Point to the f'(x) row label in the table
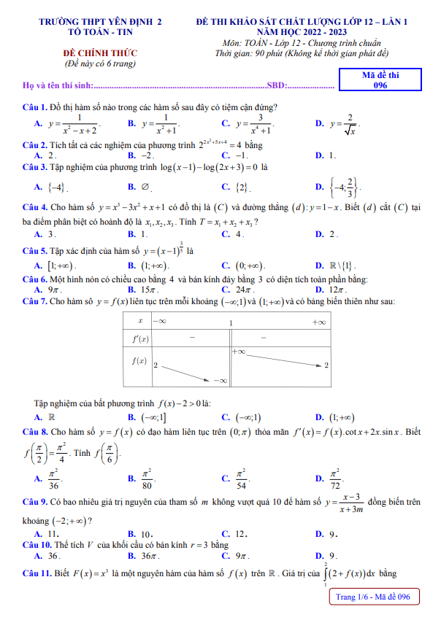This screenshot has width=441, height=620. [139, 338]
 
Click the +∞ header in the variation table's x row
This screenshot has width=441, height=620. [318, 322]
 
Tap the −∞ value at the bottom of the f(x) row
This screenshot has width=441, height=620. [220, 380]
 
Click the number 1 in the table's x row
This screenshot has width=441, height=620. [231, 322]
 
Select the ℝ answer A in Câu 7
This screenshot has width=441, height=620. [51, 417]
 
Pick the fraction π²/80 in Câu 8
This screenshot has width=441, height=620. [150, 478]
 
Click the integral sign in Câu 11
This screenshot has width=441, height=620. [326, 575]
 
